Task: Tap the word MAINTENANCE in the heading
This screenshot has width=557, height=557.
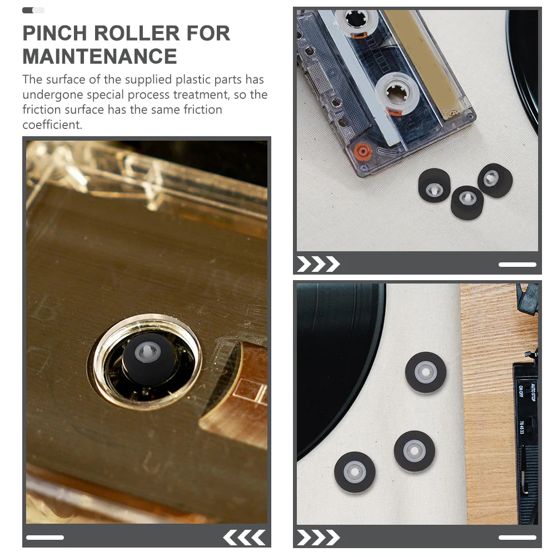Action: coord(100,57)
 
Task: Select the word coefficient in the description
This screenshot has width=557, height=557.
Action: coord(52,125)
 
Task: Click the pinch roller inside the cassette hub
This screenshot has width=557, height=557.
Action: coord(148,359)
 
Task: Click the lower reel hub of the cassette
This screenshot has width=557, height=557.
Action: coord(395,92)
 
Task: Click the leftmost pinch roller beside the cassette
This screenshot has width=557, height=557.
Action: coord(434,186)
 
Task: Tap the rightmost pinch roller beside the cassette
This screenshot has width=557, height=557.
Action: coord(494,180)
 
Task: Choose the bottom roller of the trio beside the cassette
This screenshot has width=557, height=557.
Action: coord(467,202)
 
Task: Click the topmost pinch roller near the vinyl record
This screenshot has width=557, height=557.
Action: coord(426,372)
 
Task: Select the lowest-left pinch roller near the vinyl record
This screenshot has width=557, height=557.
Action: coord(355,473)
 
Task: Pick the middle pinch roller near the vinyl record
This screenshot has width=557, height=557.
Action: coord(414,451)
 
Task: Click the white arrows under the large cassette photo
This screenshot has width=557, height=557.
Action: coord(244,538)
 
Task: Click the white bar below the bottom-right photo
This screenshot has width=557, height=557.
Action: coord(517,538)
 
